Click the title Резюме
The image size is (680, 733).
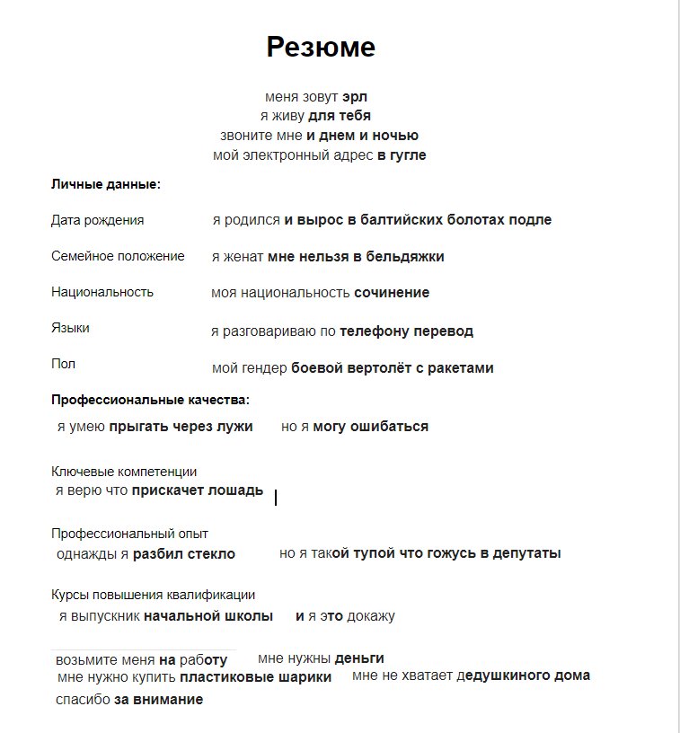coord(321,48)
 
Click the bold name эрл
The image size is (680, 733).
coord(355,97)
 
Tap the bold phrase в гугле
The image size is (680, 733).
coord(402,155)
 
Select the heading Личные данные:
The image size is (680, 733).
coord(106,185)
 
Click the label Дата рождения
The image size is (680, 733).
coord(97,220)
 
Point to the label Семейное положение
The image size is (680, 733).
coord(118,256)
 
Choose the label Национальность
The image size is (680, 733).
coord(102,292)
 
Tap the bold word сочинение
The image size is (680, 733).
coord(392,293)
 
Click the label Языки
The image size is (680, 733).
coord(70,329)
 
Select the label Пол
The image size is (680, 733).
coord(63,364)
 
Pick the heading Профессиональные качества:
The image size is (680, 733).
coord(150,400)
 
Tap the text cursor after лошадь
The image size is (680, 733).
coord(275,497)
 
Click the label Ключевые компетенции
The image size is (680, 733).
coord(124,472)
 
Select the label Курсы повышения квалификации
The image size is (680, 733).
coord(153,595)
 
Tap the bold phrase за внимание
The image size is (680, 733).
coord(158,700)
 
